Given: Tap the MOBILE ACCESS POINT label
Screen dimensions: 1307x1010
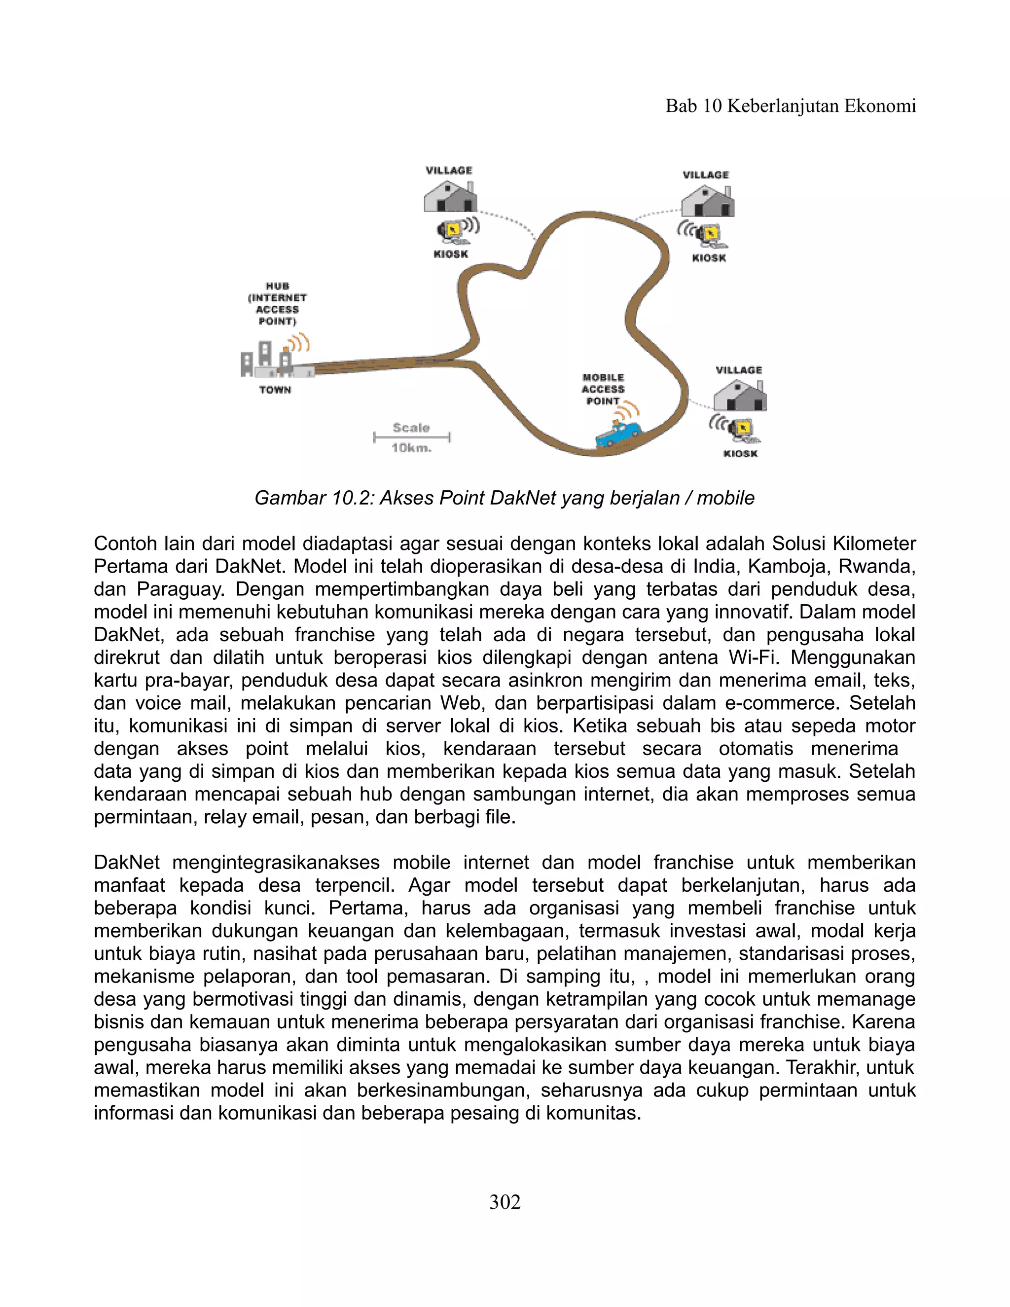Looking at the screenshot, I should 603,390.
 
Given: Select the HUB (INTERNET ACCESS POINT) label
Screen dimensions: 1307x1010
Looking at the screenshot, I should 277,304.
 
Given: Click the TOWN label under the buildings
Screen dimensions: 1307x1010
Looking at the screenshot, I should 275,390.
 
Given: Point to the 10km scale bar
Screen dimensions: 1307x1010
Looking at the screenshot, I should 412,437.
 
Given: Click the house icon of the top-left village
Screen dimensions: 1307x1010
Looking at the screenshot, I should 450,196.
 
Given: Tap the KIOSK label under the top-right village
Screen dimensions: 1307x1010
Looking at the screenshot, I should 709,258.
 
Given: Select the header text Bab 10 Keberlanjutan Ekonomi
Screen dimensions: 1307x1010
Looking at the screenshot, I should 791,107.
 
